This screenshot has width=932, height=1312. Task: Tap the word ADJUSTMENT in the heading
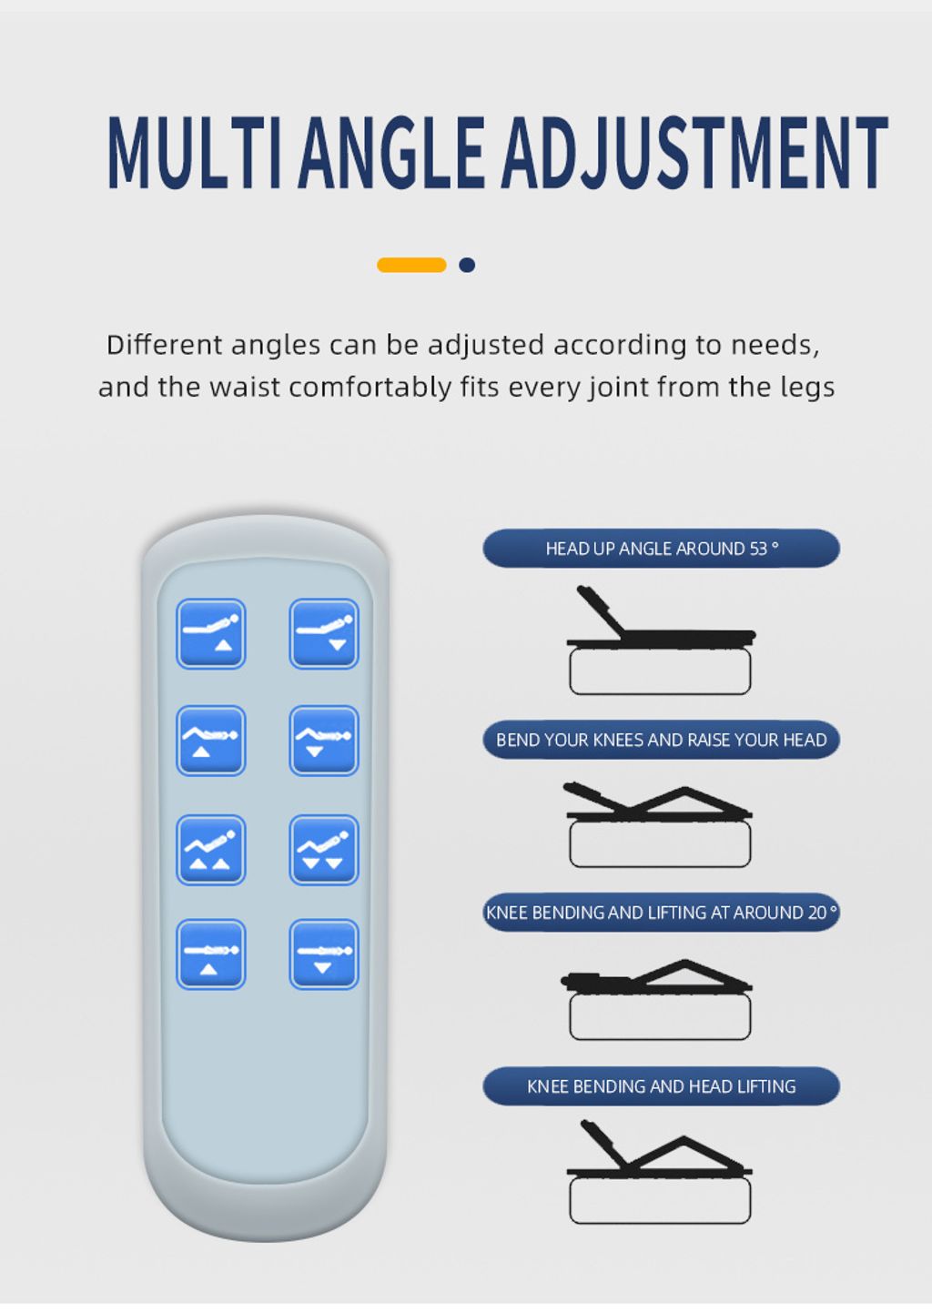694,152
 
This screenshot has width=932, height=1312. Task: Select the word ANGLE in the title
391,152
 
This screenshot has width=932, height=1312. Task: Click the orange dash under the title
411,265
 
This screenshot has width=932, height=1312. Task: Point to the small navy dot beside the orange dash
467,265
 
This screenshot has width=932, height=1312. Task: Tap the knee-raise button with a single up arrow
211,741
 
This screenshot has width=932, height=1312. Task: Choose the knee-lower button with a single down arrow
323,741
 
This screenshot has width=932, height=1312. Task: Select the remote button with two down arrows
323,849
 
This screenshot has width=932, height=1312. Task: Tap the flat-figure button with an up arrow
211,954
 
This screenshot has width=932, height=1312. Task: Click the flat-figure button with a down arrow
323,954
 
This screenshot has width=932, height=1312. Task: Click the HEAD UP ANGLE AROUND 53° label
662,549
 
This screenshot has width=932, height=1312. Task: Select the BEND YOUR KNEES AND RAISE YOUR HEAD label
662,740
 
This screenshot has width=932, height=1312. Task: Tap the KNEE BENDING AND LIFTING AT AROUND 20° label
662,912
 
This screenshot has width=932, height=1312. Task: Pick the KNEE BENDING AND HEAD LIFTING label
662,1086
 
